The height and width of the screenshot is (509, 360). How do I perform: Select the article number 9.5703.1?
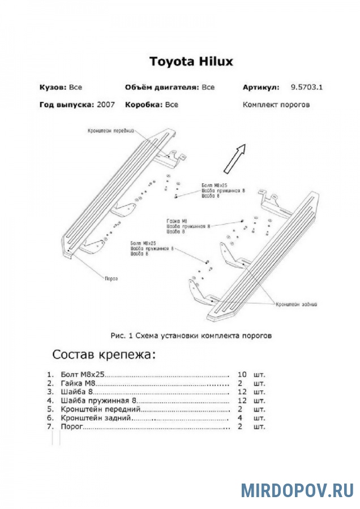tap(310, 88)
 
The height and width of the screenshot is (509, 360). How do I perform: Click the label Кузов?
tap(53, 88)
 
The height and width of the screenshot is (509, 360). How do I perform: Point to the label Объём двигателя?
tap(161, 88)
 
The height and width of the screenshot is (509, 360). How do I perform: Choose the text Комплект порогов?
tap(276, 105)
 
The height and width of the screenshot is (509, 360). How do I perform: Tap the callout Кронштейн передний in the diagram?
tap(110, 131)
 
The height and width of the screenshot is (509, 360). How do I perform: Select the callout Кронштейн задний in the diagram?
tap(296, 304)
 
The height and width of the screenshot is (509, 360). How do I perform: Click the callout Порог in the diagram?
tap(112, 278)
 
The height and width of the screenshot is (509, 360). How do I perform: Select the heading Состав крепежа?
tap(103, 355)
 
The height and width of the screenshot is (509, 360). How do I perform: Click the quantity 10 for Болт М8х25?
tap(242, 374)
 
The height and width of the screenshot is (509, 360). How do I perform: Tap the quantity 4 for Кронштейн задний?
tap(242, 418)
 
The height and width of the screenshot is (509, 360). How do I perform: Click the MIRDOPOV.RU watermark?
tap(297, 490)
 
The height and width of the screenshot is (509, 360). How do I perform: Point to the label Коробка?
tap(144, 105)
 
